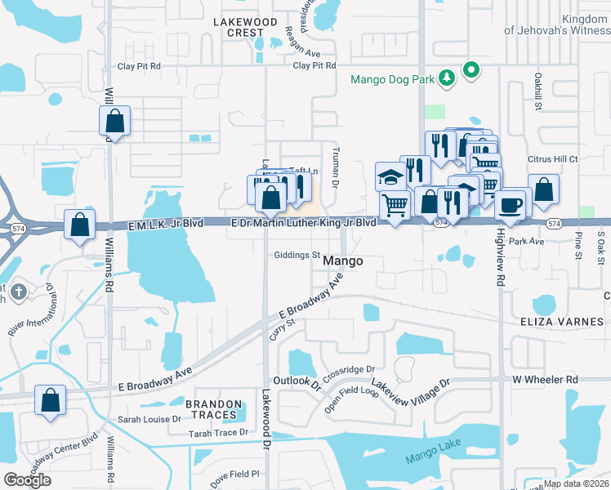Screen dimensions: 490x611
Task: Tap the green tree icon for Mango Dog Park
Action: pyautogui.click(x=447, y=78)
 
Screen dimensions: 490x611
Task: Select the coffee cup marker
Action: pyautogui.click(x=511, y=204)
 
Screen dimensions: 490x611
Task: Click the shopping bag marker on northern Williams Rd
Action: pyautogui.click(x=115, y=122)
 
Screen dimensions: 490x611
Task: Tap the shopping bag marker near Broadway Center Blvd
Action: pyautogui.click(x=51, y=401)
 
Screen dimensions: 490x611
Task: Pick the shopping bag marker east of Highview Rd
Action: pyautogui.click(x=543, y=189)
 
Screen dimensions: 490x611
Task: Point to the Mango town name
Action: pyautogui.click(x=342, y=261)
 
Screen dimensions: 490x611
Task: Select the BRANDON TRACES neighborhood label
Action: pyautogui.click(x=213, y=410)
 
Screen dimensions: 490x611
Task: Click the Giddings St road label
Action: pyautogui.click(x=297, y=255)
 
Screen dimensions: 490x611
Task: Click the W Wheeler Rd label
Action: pyautogui.click(x=545, y=380)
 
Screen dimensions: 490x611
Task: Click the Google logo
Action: pyautogui.click(x=27, y=479)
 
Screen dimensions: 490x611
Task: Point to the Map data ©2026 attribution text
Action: pyautogui.click(x=576, y=483)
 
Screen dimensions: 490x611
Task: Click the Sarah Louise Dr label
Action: pyautogui.click(x=149, y=419)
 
